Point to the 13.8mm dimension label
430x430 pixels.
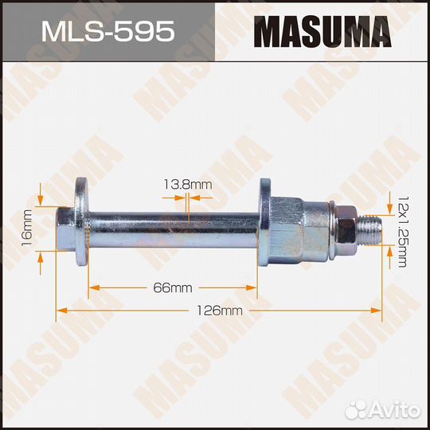click(x=187, y=186)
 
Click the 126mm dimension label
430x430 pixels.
click(x=219, y=311)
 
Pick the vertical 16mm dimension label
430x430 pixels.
click(x=27, y=227)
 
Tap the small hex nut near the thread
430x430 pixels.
click(x=346, y=228)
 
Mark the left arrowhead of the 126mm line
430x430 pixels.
click(x=59, y=311)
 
